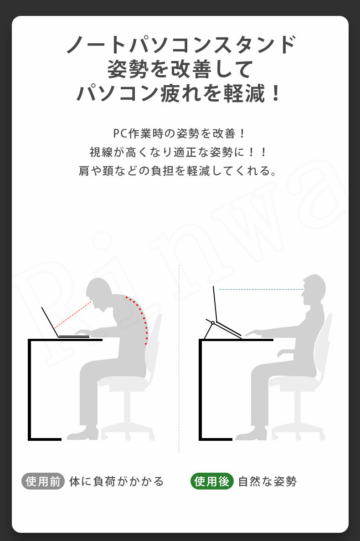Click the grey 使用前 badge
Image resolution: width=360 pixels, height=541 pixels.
click(x=43, y=481)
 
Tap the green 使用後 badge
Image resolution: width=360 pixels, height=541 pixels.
click(x=212, y=481)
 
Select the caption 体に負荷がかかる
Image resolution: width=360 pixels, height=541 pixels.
click(x=116, y=481)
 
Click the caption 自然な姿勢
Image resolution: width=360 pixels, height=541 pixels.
click(x=267, y=481)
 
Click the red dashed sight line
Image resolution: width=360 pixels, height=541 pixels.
click(x=73, y=315)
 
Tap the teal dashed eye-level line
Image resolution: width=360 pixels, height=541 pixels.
click(x=261, y=290)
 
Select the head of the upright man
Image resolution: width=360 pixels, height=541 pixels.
click(x=314, y=290)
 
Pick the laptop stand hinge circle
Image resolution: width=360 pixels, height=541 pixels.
click(x=213, y=323)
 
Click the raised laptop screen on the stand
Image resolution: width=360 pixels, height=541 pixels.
click(x=215, y=304)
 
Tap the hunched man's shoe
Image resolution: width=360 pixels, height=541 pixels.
click(x=83, y=434)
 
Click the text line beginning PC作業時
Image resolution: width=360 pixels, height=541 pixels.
click(x=179, y=133)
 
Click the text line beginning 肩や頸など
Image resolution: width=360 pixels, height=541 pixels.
click(x=177, y=170)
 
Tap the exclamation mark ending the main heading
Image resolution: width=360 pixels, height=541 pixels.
click(x=276, y=93)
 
